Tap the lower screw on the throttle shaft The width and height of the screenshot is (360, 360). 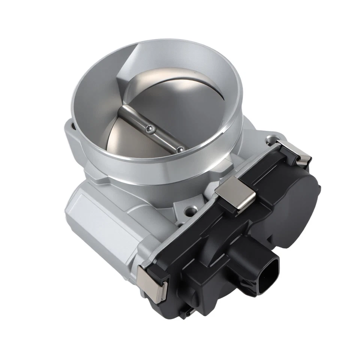180,149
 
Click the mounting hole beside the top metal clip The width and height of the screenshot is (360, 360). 270,141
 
